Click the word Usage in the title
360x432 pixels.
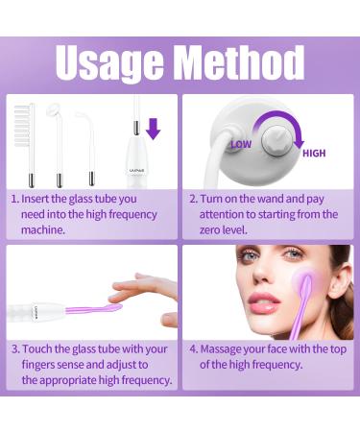click(108, 64)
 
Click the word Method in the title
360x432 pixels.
click(240, 62)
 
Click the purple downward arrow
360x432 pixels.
click(153, 129)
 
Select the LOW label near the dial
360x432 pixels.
click(241, 144)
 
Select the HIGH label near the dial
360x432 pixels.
click(314, 154)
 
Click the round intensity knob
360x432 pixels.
click(276, 141)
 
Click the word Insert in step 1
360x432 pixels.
click(36, 199)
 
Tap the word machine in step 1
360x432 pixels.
click(43, 229)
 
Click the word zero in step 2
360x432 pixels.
click(210, 229)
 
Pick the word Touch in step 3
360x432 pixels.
click(36, 348)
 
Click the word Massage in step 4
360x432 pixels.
click(220, 349)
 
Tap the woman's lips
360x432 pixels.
click(264, 303)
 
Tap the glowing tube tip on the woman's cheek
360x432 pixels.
click(306, 281)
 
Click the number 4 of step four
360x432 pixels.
click(193, 349)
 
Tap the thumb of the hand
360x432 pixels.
click(170, 320)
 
